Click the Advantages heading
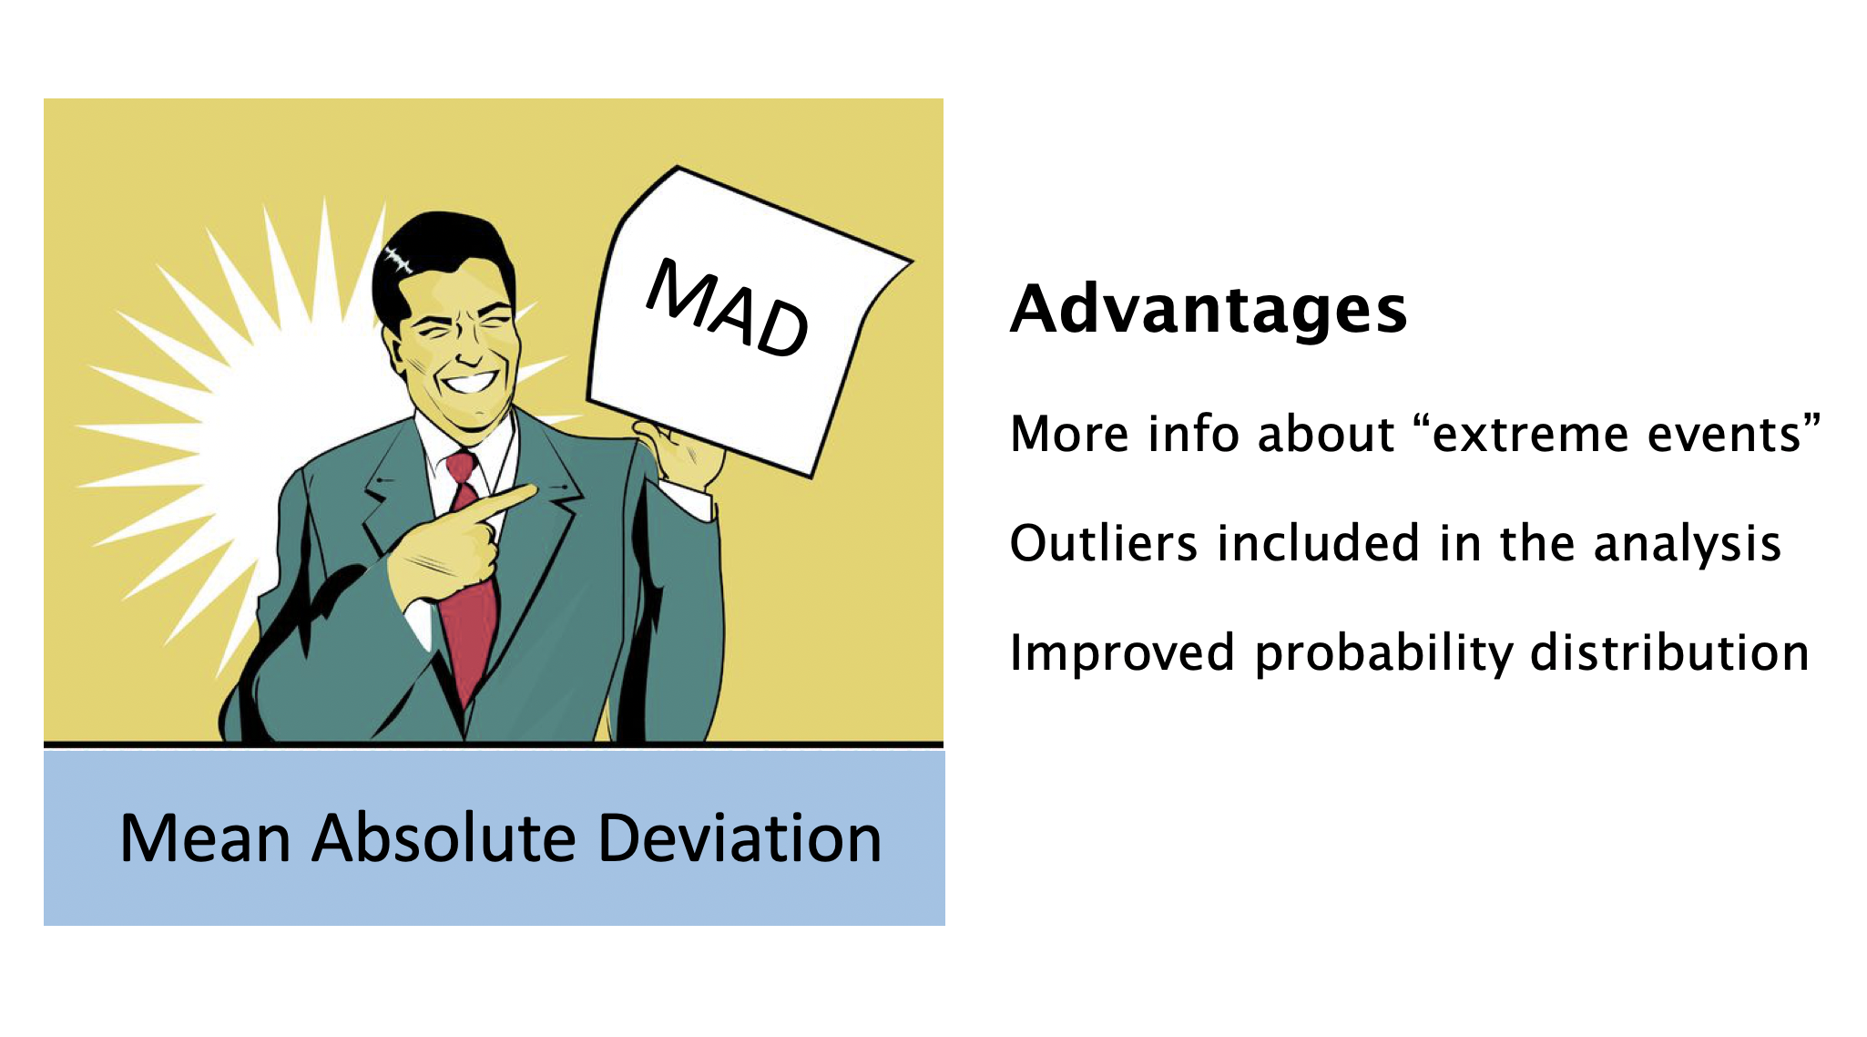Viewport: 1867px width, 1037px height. coord(1209,310)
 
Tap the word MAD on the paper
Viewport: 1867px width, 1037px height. coord(728,308)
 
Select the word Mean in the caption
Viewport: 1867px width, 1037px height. coord(206,837)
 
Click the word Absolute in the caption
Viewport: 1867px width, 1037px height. coord(445,837)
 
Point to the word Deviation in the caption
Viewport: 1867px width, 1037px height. coord(740,837)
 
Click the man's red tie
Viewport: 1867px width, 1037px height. coord(468,583)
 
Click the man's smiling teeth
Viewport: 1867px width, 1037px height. coord(471,381)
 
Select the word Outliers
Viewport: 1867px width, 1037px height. coord(1104,543)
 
